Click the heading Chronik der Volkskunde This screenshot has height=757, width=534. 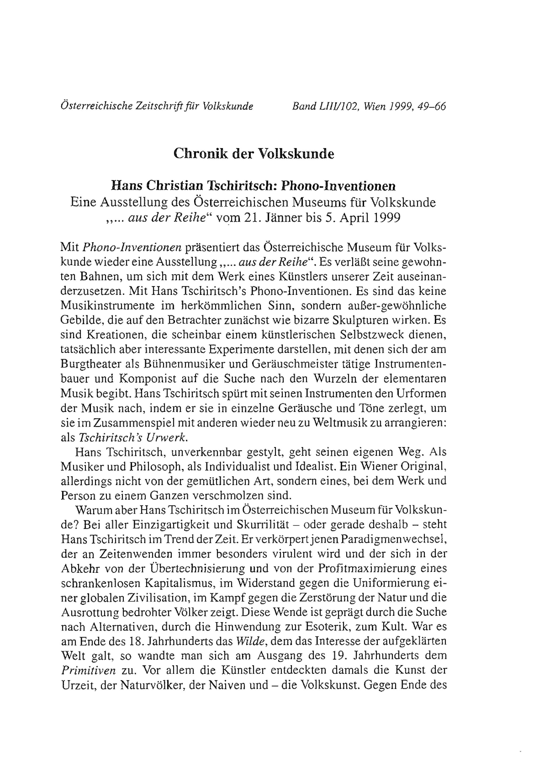[254, 154]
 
